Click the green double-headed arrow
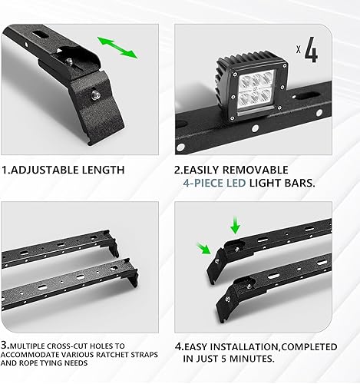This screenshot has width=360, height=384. coord(117,46)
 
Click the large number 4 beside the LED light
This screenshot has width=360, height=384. coord(310,52)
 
